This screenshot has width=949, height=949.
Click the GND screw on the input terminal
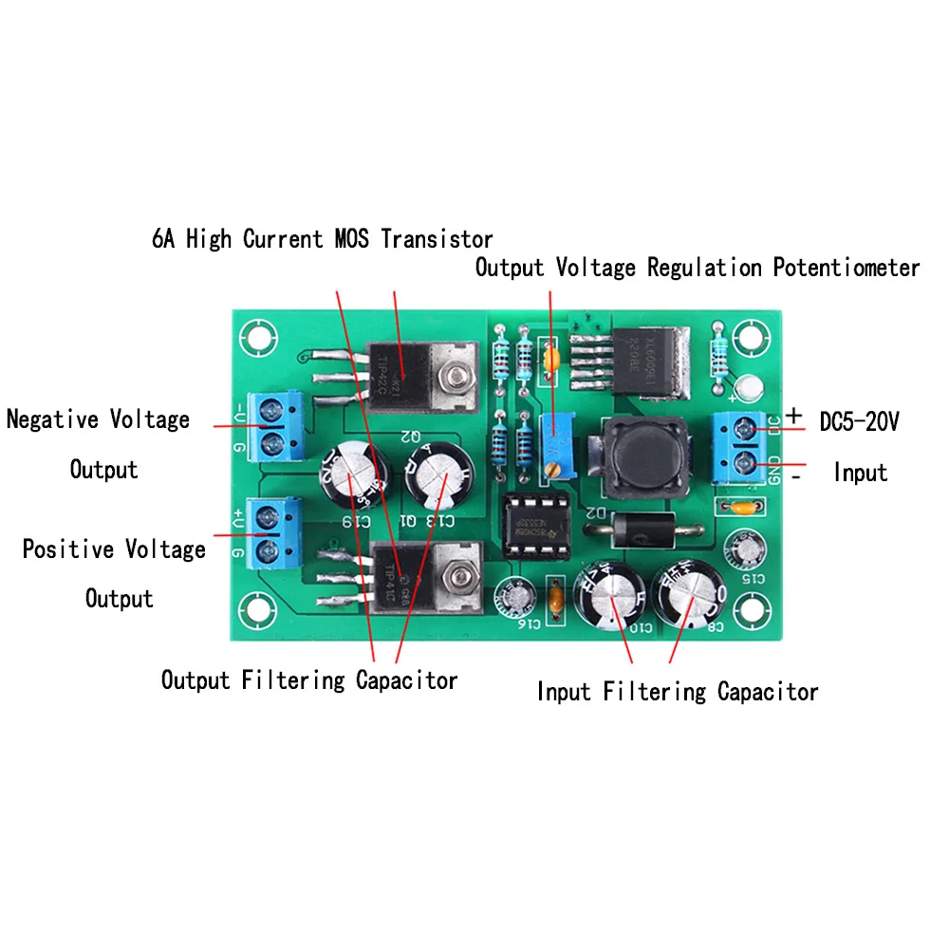(x=744, y=465)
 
